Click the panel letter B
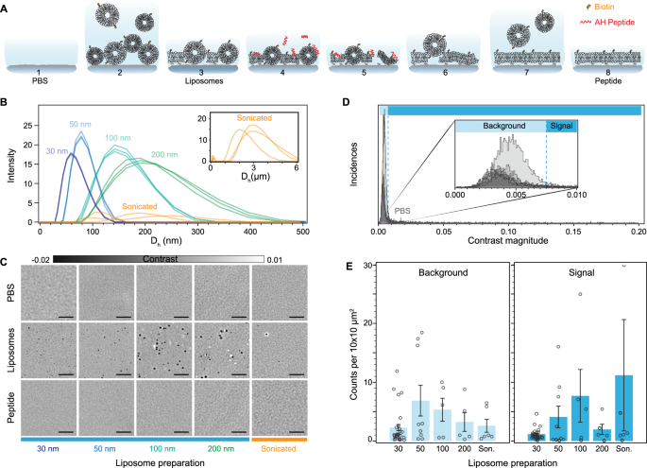(x=7, y=97)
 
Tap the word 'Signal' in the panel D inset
(x=562, y=125)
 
